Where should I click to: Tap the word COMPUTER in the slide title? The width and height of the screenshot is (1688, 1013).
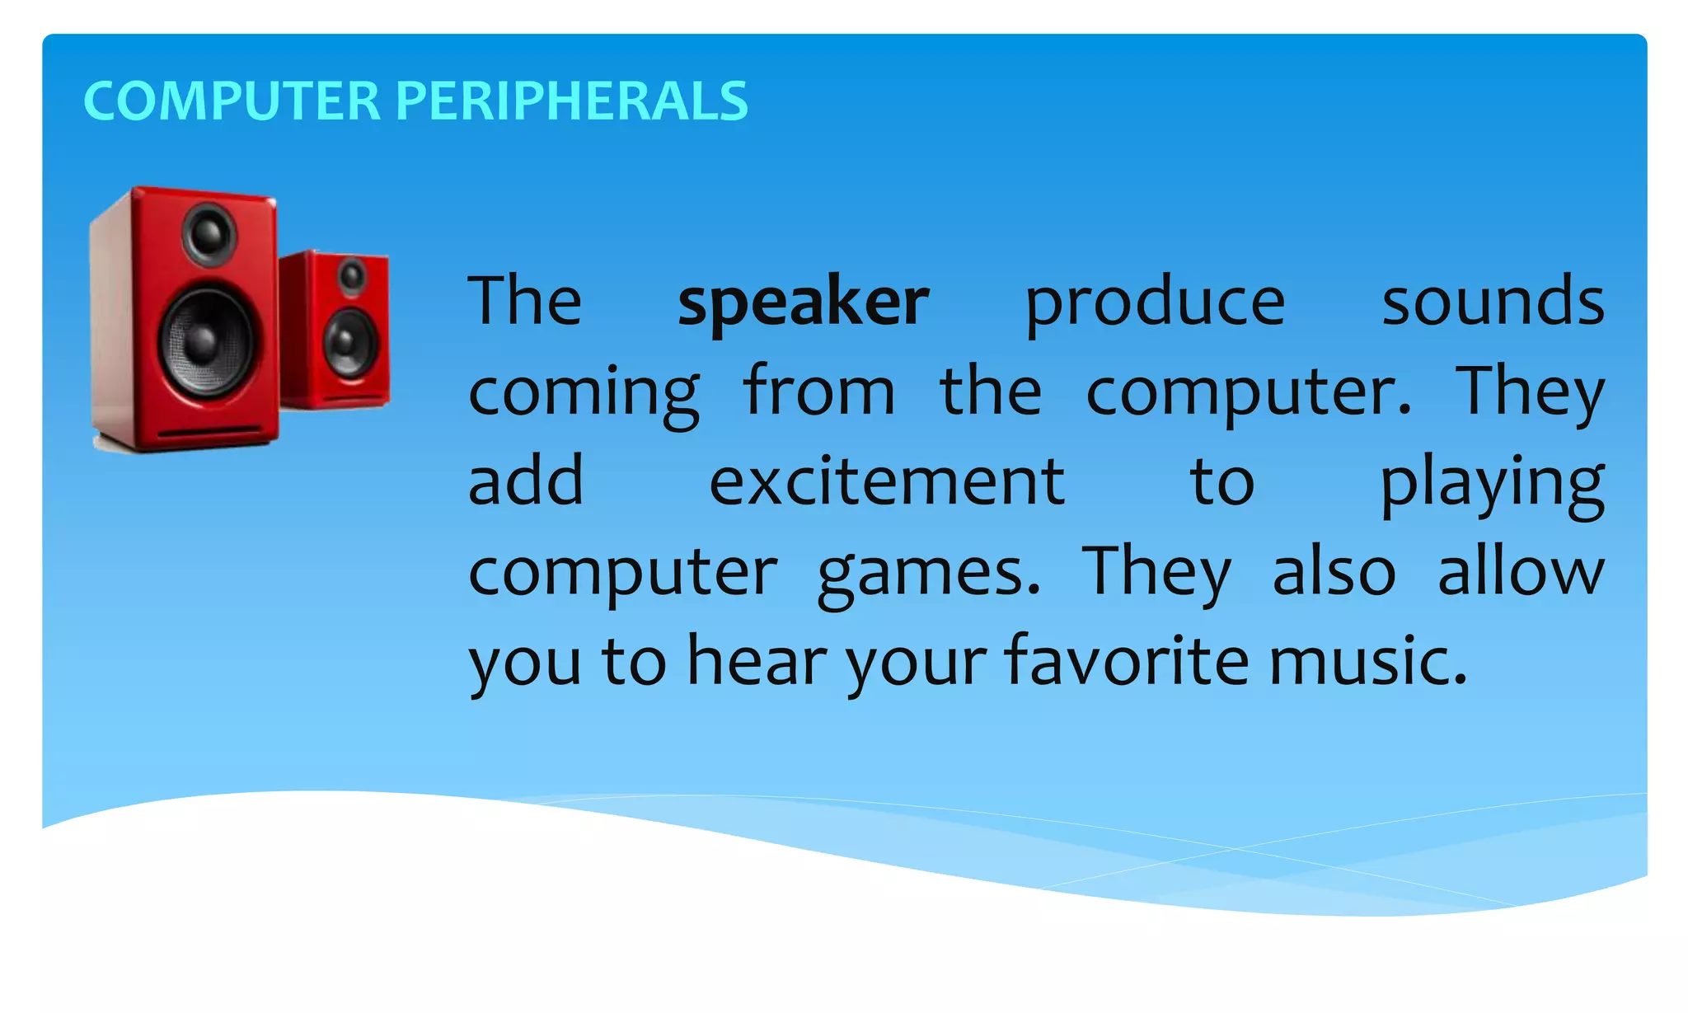(x=232, y=101)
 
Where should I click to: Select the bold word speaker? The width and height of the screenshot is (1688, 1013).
(x=803, y=302)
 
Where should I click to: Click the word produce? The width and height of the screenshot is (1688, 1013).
(x=1155, y=303)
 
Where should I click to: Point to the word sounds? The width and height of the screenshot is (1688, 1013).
(x=1493, y=302)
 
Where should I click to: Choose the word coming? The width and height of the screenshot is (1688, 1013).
(x=584, y=392)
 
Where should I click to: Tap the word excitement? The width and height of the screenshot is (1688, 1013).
(x=887, y=481)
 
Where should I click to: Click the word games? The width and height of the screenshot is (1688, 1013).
(x=929, y=574)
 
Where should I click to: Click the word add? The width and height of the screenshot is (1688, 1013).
(x=526, y=481)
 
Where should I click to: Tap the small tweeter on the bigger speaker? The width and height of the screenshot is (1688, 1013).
(x=209, y=234)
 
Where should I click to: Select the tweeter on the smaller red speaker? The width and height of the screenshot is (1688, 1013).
(x=353, y=276)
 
